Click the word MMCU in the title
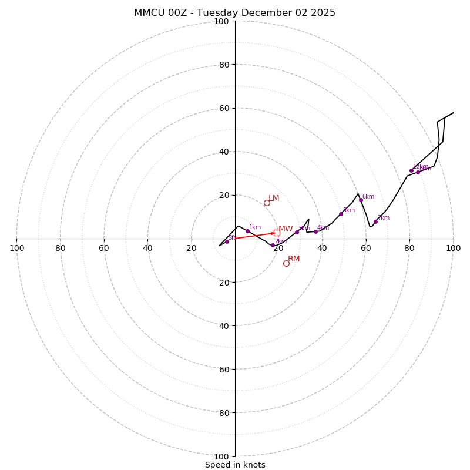pos(148,13)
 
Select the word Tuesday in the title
pos(217,13)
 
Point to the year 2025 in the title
pos(323,13)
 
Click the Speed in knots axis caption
pos(235,465)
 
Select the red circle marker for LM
pos(267,203)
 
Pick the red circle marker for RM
pos(286,263)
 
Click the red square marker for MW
pos(277,233)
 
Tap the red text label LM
pos(274,199)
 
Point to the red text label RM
pos(294,259)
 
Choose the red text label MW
pos(286,229)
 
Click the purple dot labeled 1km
pos(247,231)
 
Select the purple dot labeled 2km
pos(273,245)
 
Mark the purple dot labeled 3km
pos(297,232)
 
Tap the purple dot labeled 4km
pos(315,231)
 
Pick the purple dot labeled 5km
pos(341,214)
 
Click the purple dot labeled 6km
pos(361,200)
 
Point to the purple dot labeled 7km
pos(375,221)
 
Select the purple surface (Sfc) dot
pos(227,241)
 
